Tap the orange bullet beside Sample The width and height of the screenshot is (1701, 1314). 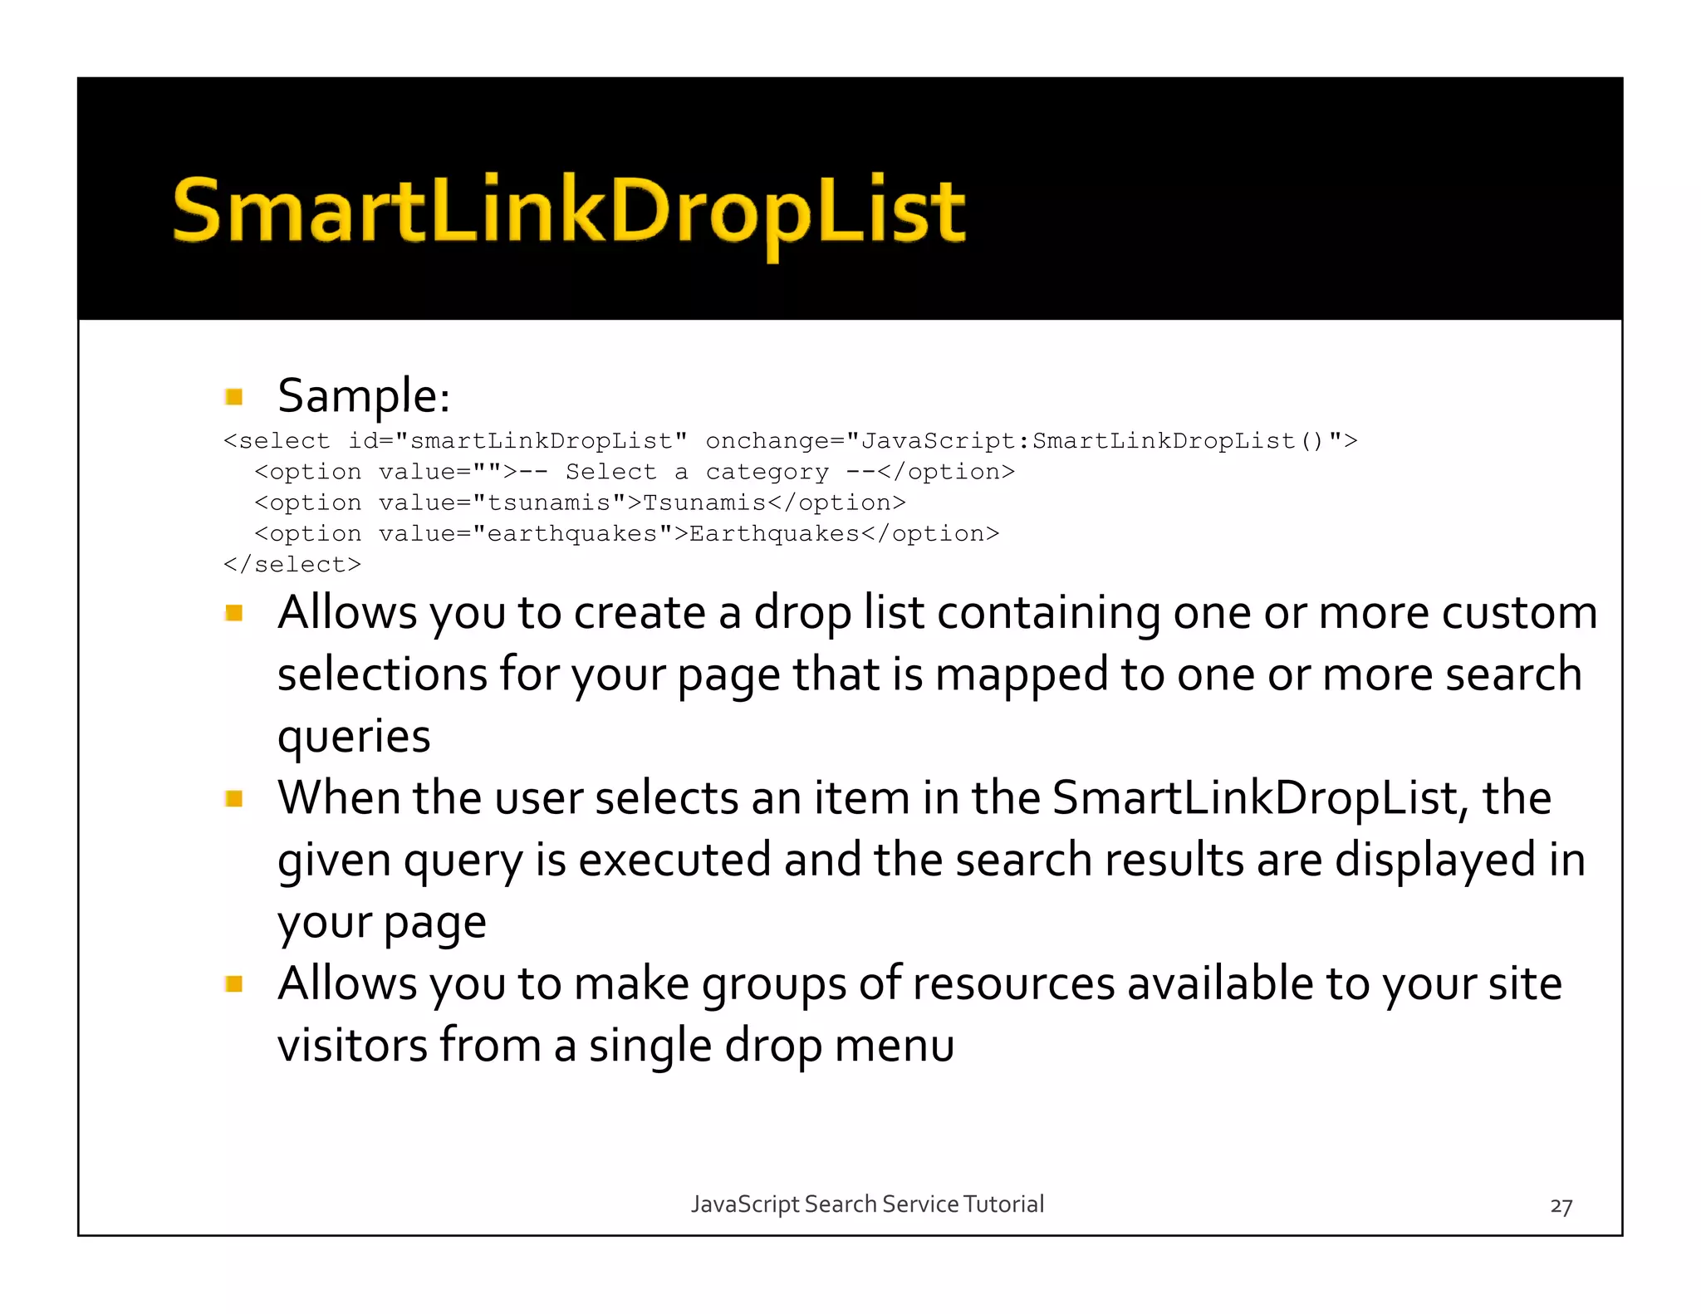point(234,397)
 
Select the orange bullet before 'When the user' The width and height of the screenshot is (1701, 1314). point(234,799)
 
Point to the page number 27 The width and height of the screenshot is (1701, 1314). point(1561,1206)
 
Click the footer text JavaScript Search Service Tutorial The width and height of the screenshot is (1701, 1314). point(867,1204)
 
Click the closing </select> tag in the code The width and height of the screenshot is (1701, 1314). point(292,565)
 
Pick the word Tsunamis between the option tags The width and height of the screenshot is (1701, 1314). point(704,503)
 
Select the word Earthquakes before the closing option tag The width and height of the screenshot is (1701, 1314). point(774,533)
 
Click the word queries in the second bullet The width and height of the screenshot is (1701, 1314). point(354,737)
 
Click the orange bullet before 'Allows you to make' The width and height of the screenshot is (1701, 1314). point(234,985)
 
